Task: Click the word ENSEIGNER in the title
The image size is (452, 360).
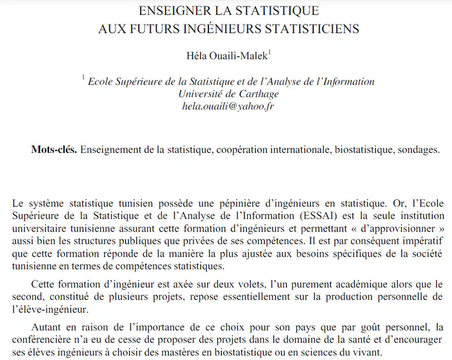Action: pos(171,11)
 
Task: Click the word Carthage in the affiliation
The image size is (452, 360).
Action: pos(257,94)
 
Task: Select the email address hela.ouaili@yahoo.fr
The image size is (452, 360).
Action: pos(229,106)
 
